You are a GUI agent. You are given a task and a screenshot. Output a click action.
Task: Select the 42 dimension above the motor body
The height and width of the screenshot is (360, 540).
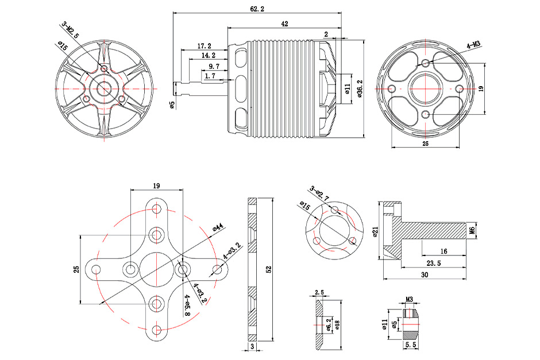[x=284, y=24]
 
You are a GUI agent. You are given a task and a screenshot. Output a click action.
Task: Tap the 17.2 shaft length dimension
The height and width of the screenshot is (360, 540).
[x=204, y=45]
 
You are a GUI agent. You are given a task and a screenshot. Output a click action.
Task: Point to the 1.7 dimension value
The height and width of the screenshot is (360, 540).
[x=210, y=75]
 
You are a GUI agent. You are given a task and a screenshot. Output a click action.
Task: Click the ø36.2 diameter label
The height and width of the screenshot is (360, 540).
[x=359, y=88]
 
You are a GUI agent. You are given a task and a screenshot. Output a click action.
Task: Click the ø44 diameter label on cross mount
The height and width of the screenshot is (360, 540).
[x=218, y=227]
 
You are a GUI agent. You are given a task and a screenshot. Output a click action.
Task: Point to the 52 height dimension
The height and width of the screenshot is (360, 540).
[x=268, y=270]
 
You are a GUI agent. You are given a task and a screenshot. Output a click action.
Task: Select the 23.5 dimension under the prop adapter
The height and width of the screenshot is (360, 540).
[x=434, y=264]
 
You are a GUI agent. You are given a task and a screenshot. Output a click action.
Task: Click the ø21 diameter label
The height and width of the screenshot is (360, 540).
[x=375, y=231]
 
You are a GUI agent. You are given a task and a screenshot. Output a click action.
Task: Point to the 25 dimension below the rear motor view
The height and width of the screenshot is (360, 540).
[x=425, y=143]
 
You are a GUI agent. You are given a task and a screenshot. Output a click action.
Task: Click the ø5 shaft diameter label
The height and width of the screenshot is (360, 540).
[x=172, y=104]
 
